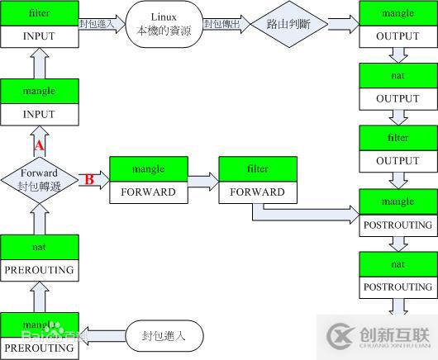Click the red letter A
coord(38,146)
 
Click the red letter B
coord(89,179)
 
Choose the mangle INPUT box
coord(40,102)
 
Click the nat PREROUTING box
coord(40,257)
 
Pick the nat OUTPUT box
coord(398,86)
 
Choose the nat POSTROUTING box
coord(398,275)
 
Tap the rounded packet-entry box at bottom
coord(164,336)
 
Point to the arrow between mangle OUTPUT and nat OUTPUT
coord(398,55)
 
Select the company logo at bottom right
coord(379,336)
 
